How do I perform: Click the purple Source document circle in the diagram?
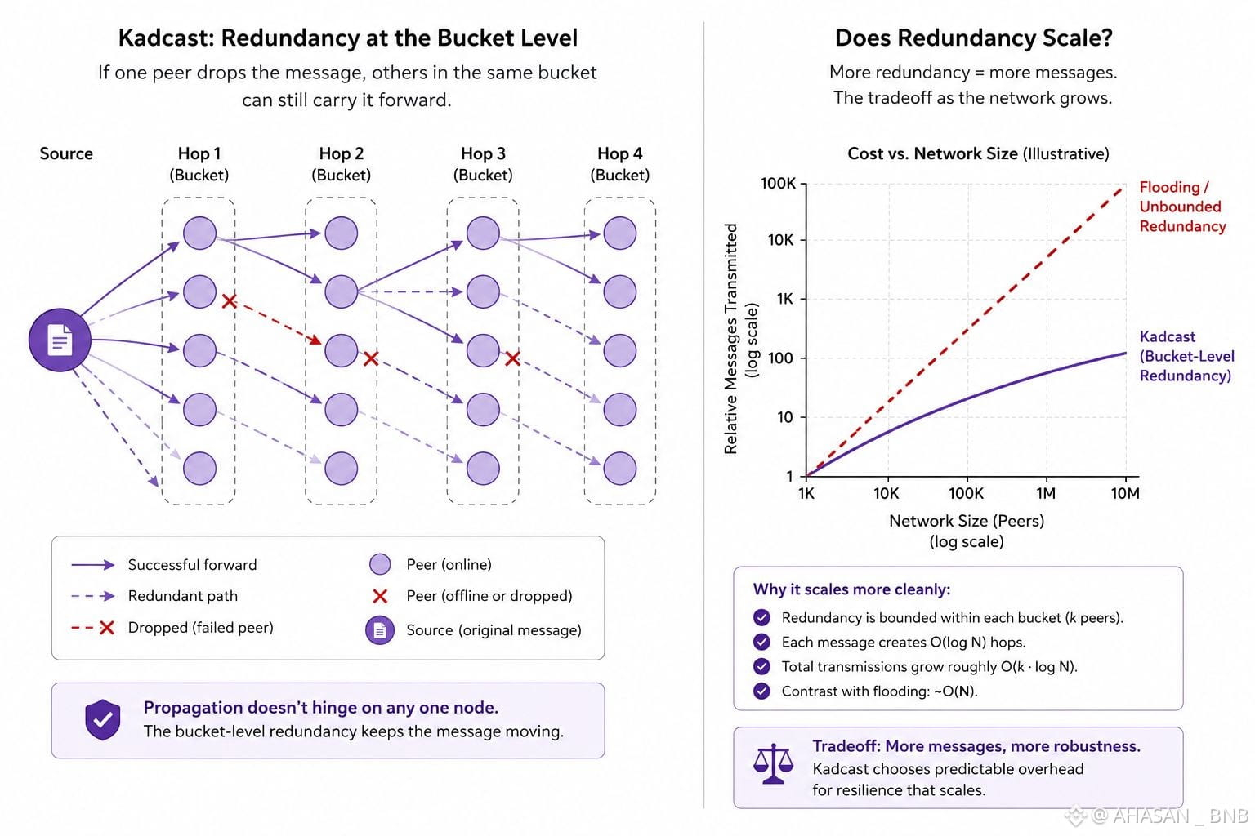point(60,340)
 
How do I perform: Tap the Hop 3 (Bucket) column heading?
point(483,164)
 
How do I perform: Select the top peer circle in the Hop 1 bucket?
point(199,233)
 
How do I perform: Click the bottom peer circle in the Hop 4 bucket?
point(619,468)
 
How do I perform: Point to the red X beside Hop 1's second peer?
point(229,301)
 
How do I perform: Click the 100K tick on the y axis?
point(778,183)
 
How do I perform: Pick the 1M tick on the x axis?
point(1046,493)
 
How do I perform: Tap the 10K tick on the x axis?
point(887,493)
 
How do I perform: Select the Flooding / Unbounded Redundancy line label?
point(1182,207)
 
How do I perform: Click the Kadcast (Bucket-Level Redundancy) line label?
point(1186,356)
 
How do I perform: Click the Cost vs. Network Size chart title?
point(978,154)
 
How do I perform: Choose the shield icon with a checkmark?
point(102,719)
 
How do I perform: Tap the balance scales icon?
point(773,763)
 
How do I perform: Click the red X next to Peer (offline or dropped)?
point(380,596)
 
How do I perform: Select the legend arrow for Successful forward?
point(93,565)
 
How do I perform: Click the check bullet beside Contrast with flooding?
point(761,691)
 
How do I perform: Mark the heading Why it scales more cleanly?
point(851,589)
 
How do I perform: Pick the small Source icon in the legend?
point(380,630)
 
